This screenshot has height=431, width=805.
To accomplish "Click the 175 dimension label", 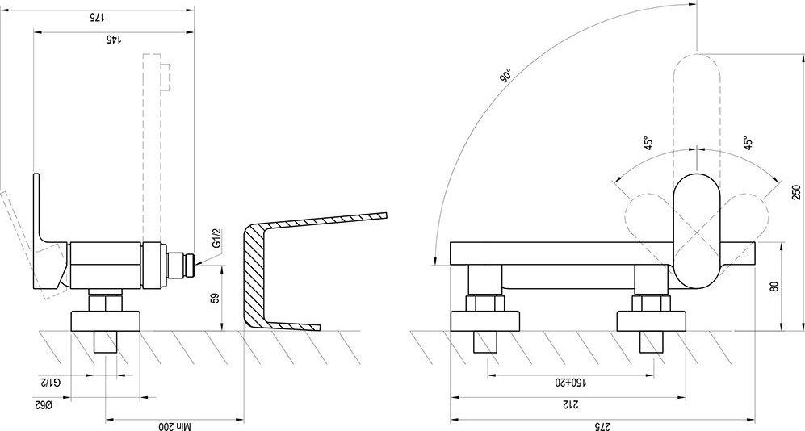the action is click(x=97, y=18).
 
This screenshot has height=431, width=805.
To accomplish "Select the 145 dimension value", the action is click(x=114, y=40).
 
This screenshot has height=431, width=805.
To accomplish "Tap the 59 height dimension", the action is click(x=216, y=298).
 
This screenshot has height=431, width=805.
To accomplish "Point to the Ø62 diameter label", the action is click(x=44, y=405).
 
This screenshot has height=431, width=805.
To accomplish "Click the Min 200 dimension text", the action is click(x=174, y=426).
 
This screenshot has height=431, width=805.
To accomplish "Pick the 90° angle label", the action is click(x=505, y=75).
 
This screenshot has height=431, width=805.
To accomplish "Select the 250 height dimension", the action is click(x=796, y=192).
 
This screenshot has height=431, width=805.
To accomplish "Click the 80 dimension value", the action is click(x=775, y=287).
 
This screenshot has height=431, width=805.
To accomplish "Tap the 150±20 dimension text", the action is click(x=570, y=383).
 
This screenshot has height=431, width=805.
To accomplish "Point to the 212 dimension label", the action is click(x=568, y=405).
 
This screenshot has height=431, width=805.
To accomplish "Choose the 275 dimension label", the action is click(x=602, y=426).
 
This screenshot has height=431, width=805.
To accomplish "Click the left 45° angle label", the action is click(x=649, y=143).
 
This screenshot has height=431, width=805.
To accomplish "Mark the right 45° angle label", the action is click(x=748, y=143).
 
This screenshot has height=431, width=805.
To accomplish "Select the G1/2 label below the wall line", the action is click(x=51, y=383).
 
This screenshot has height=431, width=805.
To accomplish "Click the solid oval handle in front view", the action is click(x=697, y=230).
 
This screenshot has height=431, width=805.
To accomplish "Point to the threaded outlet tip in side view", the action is click(x=191, y=265).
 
